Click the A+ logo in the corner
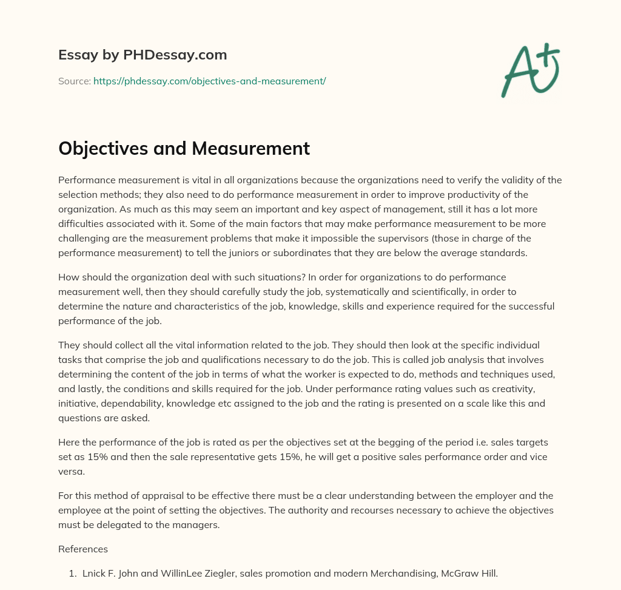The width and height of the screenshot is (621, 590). tap(530, 70)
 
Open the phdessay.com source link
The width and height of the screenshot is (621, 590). tap(209, 81)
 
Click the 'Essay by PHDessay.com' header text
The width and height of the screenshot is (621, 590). tap(143, 55)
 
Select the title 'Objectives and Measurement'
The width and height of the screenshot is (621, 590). tap(184, 148)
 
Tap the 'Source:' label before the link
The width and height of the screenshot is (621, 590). tap(74, 81)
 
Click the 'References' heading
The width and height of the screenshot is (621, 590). tap(83, 549)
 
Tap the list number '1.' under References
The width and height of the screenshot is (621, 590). tap(72, 573)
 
